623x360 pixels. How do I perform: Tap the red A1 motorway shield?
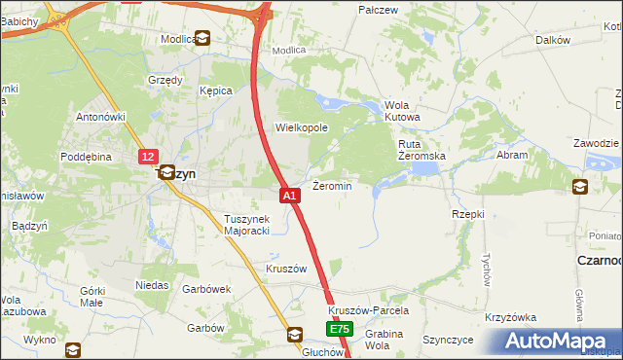pos(289,196)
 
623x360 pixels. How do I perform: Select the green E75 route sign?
pos(339,331)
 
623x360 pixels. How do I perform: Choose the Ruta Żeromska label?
pos(421,150)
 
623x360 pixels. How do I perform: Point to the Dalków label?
pos(552,40)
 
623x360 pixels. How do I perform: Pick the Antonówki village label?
pos(102,118)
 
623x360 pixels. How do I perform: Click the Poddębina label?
pos(88,156)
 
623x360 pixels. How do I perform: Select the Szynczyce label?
pos(448,340)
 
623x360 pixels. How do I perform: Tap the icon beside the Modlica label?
pos(202,39)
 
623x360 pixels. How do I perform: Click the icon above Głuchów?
pos(294,335)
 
